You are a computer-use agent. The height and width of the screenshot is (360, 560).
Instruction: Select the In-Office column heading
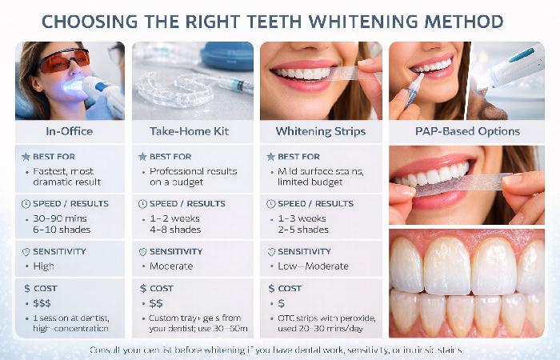(x=70, y=131)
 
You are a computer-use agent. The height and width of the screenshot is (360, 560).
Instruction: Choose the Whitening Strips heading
(x=320, y=131)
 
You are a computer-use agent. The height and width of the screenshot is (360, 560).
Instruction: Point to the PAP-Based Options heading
(x=466, y=131)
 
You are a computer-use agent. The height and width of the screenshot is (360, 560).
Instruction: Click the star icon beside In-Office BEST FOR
(x=26, y=157)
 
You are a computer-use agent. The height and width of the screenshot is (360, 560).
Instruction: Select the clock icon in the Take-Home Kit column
(x=143, y=204)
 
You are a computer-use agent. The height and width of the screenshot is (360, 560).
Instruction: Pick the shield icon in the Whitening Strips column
(x=271, y=251)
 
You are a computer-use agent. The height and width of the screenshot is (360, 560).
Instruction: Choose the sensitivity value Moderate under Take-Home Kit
(x=171, y=266)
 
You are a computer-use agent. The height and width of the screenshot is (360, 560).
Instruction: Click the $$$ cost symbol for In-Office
(x=43, y=303)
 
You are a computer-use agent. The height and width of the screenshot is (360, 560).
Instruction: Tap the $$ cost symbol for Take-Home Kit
(x=158, y=303)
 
